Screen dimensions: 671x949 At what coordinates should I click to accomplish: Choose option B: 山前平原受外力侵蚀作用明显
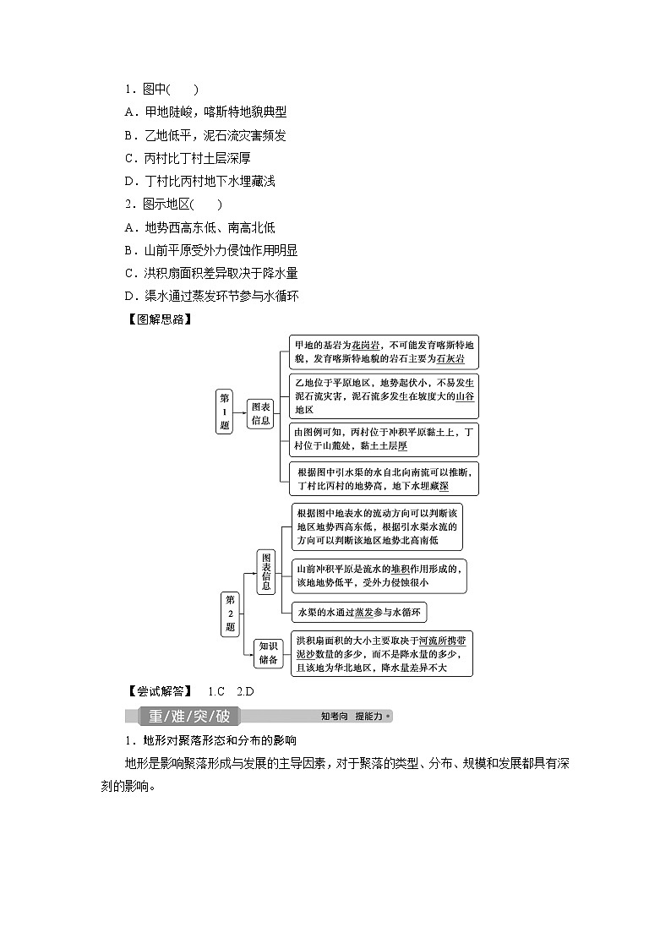click(210, 250)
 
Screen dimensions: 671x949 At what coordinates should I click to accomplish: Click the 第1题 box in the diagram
click(224, 412)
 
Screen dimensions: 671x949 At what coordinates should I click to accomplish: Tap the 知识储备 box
click(270, 653)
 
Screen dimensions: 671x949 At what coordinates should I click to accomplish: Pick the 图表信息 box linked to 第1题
click(260, 412)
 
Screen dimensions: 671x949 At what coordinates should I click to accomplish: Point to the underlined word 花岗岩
click(367, 345)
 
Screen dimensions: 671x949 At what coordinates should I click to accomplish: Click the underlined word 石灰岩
click(450, 358)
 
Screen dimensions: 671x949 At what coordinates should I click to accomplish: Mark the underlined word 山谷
click(465, 395)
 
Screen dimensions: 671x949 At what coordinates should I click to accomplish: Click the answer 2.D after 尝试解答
click(245, 690)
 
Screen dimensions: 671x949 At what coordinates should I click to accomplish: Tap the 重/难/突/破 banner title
click(188, 717)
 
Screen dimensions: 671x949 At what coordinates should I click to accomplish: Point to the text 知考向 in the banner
click(335, 717)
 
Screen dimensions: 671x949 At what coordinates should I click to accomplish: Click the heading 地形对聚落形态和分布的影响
click(210, 741)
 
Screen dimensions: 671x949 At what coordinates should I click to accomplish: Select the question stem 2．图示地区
click(173, 205)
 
